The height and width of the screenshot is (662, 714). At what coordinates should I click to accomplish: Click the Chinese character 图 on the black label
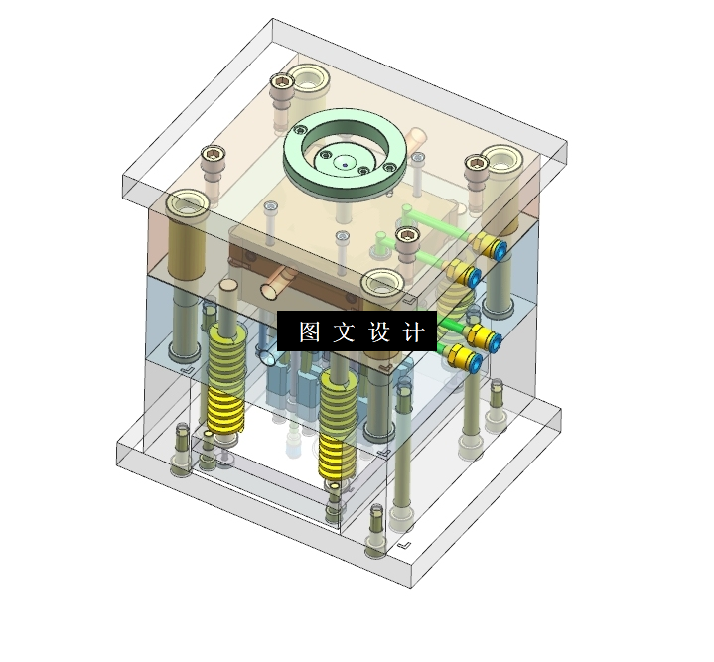click(x=310, y=331)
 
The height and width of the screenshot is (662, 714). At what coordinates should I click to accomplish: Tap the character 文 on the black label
click(x=345, y=331)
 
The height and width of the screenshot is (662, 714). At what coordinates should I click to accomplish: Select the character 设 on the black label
click(x=379, y=331)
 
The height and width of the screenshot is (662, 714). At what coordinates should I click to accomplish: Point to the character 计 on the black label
click(x=413, y=331)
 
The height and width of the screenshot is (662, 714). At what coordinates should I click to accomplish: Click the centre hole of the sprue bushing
click(x=345, y=164)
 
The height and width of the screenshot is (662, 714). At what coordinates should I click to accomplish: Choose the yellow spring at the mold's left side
click(x=226, y=380)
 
